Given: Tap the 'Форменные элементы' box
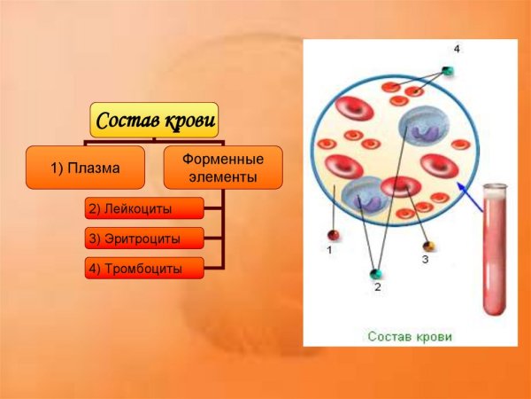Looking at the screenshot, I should pyautogui.click(x=223, y=168).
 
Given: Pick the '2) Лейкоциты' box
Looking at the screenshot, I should pyautogui.click(x=144, y=209).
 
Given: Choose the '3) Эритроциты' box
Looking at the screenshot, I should pyautogui.click(x=144, y=239).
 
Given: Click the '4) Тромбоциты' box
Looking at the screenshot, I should pyautogui.click(x=144, y=268).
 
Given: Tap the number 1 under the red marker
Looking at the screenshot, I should pyautogui.click(x=329, y=251).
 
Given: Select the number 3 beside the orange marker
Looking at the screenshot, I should pyautogui.click(x=425, y=259).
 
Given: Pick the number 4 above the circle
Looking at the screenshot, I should pyautogui.click(x=457, y=47).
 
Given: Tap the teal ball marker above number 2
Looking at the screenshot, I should pyautogui.click(x=377, y=273).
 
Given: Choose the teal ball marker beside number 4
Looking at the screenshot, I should pyautogui.click(x=448, y=70).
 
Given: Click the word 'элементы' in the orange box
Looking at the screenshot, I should pyautogui.click(x=223, y=177).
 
